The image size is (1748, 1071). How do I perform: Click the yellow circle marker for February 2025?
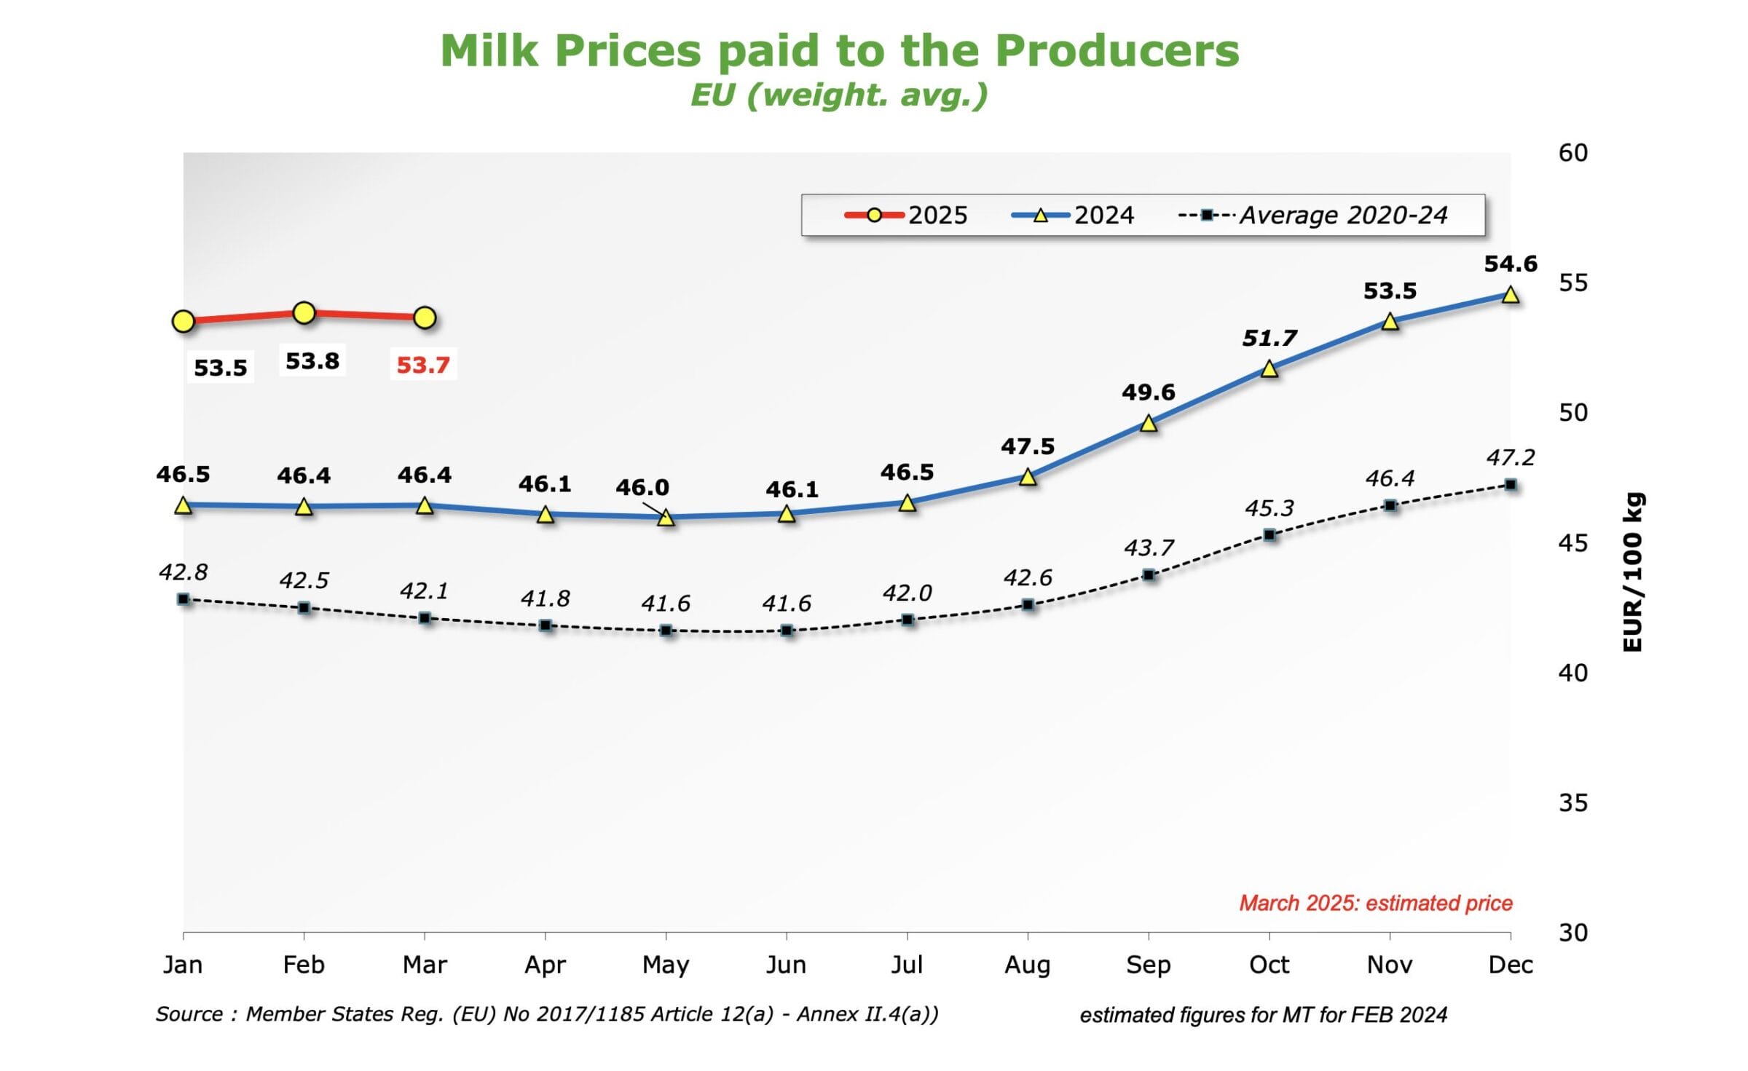tap(304, 313)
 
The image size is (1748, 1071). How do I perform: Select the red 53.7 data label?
tap(422, 365)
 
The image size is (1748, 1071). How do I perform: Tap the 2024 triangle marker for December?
tap(1511, 295)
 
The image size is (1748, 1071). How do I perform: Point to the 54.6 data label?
tap(1511, 264)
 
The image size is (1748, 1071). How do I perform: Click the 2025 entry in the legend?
tap(907, 216)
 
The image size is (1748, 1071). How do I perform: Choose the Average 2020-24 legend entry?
tap(1313, 216)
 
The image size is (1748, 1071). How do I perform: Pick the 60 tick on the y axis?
tap(1573, 153)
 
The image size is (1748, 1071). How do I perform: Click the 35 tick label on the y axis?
tap(1573, 802)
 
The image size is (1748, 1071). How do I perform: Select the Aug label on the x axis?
tap(1027, 965)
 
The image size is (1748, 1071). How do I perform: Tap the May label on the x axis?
tap(666, 965)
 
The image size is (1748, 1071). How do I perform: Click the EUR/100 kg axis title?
tap(1634, 572)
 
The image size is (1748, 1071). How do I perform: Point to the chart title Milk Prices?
tap(839, 51)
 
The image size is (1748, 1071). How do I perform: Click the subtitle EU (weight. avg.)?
tap(839, 95)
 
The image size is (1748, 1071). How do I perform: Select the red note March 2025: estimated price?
tap(1376, 903)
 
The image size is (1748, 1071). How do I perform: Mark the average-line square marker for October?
tap(1269, 535)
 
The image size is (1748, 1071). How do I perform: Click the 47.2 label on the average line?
tap(1511, 457)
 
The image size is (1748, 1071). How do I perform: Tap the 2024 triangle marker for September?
tap(1149, 423)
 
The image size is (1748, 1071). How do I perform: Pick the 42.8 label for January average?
tap(184, 572)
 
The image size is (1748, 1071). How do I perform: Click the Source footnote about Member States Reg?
tap(546, 1014)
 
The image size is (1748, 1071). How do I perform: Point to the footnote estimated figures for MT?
tap(1263, 1015)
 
